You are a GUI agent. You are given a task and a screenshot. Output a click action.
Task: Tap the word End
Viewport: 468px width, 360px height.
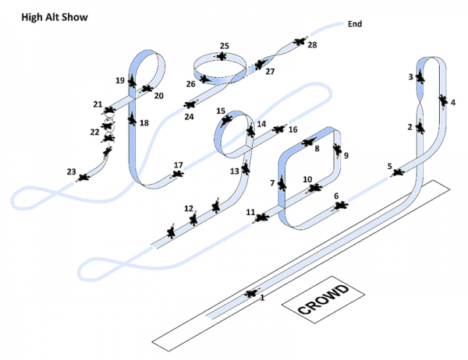click(x=355, y=24)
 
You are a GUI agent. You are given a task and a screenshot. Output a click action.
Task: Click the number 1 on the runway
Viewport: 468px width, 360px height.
click(x=262, y=298)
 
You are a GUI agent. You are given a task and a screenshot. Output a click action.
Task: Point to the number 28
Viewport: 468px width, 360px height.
click(x=312, y=45)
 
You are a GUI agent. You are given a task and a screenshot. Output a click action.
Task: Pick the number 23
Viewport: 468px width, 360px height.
click(x=71, y=171)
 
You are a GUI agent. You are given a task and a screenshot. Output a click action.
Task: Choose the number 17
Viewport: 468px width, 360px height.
click(x=178, y=164)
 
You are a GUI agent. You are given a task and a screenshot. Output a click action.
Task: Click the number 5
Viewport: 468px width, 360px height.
click(x=389, y=166)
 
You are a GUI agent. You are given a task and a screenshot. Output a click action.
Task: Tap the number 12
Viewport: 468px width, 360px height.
click(x=188, y=209)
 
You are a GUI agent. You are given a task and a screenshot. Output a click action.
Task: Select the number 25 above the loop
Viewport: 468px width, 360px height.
click(x=224, y=46)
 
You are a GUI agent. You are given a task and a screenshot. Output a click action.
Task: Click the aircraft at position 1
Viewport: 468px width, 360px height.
click(x=251, y=293)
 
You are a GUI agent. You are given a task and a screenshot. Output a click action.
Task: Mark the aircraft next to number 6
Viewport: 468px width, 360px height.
click(x=340, y=206)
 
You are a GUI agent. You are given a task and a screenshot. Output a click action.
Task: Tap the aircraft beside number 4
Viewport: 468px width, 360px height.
click(x=442, y=102)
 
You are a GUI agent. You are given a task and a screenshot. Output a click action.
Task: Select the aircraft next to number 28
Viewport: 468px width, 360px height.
click(x=300, y=43)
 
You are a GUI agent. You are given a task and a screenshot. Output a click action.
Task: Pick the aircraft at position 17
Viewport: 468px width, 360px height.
click(x=179, y=174)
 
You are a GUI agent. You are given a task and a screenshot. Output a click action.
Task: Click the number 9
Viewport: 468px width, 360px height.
click(x=346, y=156)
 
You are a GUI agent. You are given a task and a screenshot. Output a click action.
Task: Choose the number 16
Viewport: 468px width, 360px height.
click(x=292, y=129)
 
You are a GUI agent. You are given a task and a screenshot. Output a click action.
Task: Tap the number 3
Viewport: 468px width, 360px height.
click(x=410, y=77)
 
